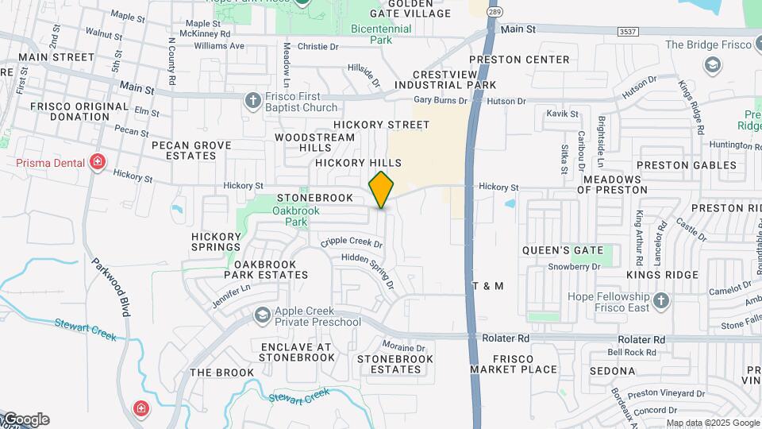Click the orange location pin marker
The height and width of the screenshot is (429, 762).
tap(382, 189)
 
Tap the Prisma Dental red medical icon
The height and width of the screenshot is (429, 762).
tap(98, 163)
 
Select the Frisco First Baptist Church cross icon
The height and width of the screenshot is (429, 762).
tap(253, 100)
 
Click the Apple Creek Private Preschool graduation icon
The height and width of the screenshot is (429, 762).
tap(261, 316)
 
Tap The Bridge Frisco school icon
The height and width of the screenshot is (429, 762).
tap(713, 64)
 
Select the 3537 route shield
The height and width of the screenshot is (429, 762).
tap(628, 31)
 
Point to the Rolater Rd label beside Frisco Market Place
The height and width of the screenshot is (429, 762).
tap(506, 338)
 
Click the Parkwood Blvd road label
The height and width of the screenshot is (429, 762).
tap(110, 287)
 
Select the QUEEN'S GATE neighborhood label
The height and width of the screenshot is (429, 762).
tap(563, 250)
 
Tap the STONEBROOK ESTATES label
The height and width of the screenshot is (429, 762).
tap(395, 364)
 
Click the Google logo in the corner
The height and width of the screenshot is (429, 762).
tap(25, 419)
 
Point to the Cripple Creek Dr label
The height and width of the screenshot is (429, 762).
tap(351, 243)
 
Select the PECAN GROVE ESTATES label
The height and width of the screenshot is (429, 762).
tap(191, 150)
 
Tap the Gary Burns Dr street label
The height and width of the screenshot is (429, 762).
tap(441, 101)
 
